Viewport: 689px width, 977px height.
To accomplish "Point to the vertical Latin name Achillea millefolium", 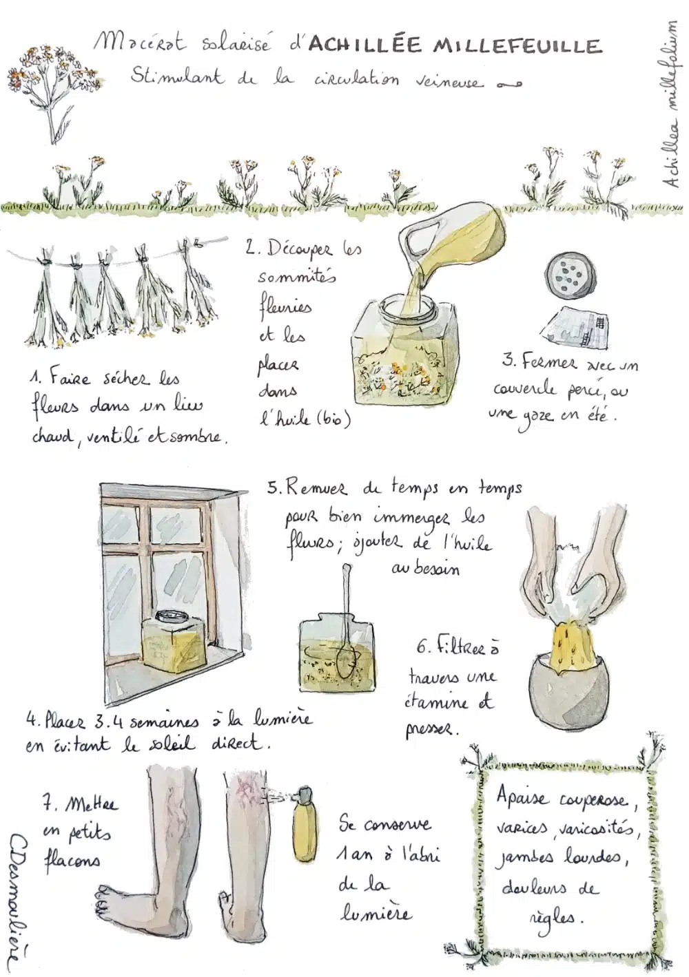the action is [670, 109].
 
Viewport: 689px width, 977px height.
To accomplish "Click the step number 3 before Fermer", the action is [508, 362].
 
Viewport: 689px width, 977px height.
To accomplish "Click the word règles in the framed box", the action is [555, 905].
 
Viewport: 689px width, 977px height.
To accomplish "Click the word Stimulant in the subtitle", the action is [176, 78].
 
